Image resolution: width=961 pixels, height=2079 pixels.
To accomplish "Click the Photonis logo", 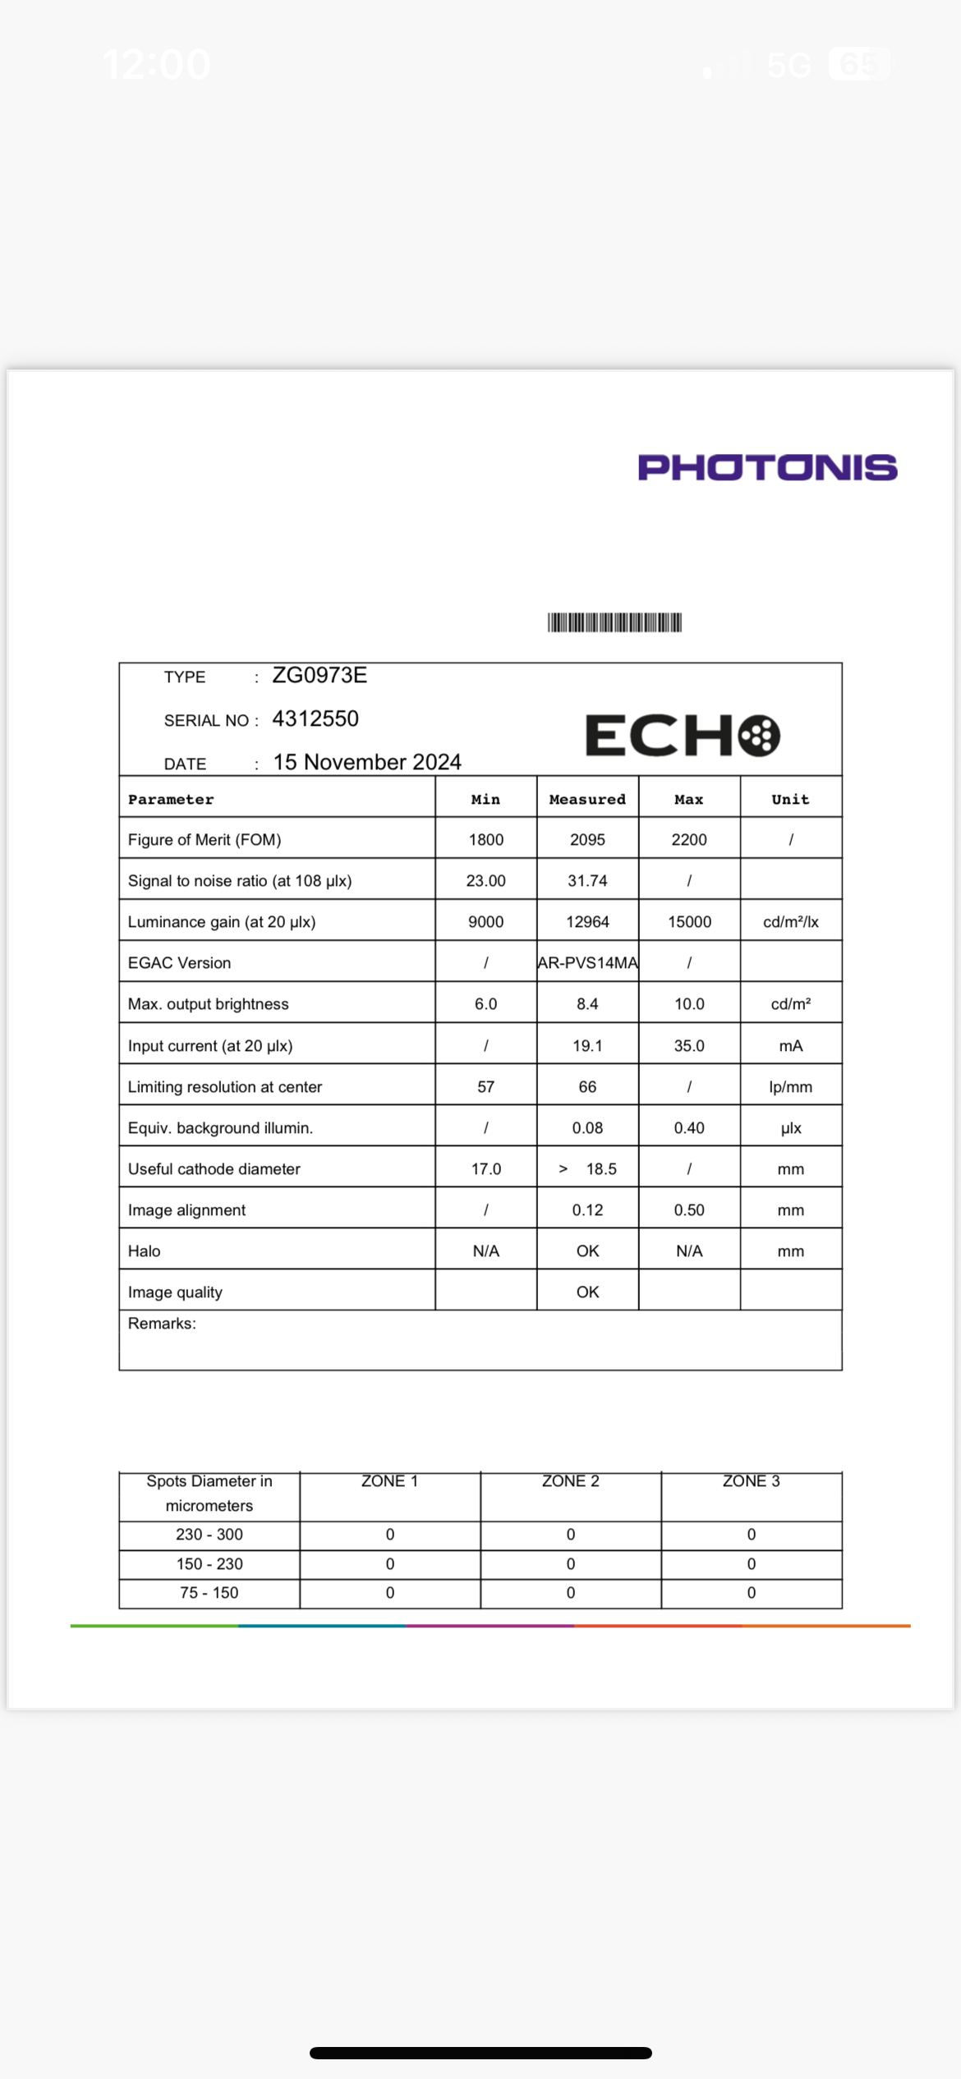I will pos(767,467).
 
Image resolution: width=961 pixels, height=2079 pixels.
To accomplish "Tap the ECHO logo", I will pos(682,735).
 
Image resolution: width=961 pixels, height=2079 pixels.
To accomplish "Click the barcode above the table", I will pos(614,622).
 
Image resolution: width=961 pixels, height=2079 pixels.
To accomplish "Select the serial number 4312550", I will pos(315,719).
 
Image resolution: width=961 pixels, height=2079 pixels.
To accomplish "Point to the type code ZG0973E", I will pos(320,676).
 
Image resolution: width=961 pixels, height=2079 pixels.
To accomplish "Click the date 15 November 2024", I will pos(367,763).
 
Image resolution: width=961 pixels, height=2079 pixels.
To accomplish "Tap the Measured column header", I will pos(587,800).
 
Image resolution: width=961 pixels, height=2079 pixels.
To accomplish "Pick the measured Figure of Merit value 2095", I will pos(587,840).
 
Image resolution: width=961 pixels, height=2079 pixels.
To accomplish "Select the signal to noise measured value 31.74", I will pos(587,881).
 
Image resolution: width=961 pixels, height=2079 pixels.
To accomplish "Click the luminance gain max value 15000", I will pos(689,922).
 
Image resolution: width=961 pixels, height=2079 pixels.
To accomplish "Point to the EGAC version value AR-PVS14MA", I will pos(587,963).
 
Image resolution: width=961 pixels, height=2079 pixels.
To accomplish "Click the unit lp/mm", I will pos(790,1087).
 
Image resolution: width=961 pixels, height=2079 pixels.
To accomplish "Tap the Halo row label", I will pos(145,1251).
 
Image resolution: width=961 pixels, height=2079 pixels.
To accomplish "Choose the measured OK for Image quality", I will pos(587,1292).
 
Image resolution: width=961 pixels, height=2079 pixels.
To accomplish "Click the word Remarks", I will pos(162,1324).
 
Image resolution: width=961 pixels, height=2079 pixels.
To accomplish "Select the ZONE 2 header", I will pos(570,1481).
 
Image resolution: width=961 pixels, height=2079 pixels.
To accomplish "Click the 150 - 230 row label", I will pos(209,1564).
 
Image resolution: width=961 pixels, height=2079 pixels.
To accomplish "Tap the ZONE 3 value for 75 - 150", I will pos(751,1593).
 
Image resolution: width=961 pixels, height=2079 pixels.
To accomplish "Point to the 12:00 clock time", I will pos(156,64).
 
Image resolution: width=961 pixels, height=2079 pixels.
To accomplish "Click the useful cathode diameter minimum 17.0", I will pos(485,1169).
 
